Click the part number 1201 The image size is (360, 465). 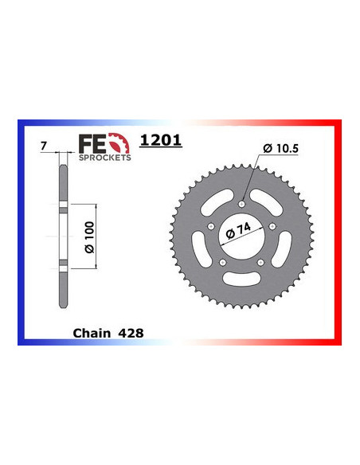coord(161,140)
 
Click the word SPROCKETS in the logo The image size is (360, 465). coord(105,157)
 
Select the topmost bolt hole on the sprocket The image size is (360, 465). coord(242,202)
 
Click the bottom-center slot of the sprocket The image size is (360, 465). coord(242,279)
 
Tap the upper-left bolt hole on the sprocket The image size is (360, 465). coord(212,225)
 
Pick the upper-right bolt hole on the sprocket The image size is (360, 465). coord(272,225)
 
